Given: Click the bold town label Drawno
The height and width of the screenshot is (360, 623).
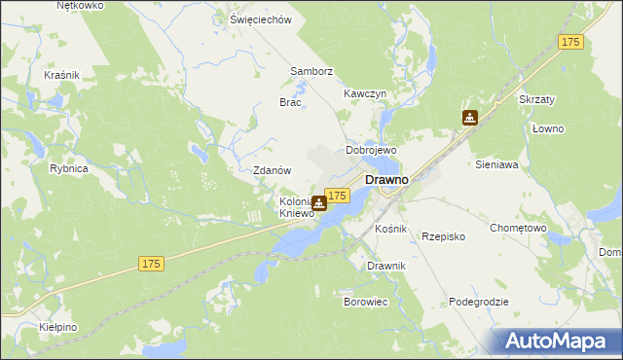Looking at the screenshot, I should [x=386, y=180].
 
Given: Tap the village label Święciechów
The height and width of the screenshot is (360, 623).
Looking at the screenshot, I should [x=261, y=19].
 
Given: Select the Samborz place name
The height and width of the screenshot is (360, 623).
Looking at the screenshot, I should [x=311, y=71].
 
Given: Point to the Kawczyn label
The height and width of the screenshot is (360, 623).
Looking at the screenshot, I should [x=365, y=93].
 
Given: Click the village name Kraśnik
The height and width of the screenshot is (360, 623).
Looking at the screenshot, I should [x=61, y=74].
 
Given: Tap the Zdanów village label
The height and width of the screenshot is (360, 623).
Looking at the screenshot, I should [x=273, y=169].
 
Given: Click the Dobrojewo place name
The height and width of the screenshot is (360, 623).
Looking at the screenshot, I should [x=372, y=151].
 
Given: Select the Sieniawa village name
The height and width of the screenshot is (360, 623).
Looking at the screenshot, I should [x=496, y=165].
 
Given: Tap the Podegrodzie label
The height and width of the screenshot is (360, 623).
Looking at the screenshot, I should [x=479, y=302].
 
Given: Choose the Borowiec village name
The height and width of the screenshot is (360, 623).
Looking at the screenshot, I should [x=366, y=302].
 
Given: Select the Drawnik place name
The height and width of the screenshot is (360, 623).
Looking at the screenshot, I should [x=386, y=266].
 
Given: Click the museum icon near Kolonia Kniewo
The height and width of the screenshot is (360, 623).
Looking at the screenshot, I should [x=319, y=204].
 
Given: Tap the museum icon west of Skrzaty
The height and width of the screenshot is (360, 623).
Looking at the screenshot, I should [x=470, y=119].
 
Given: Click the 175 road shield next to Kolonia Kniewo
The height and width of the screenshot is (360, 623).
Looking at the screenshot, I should [x=337, y=196].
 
